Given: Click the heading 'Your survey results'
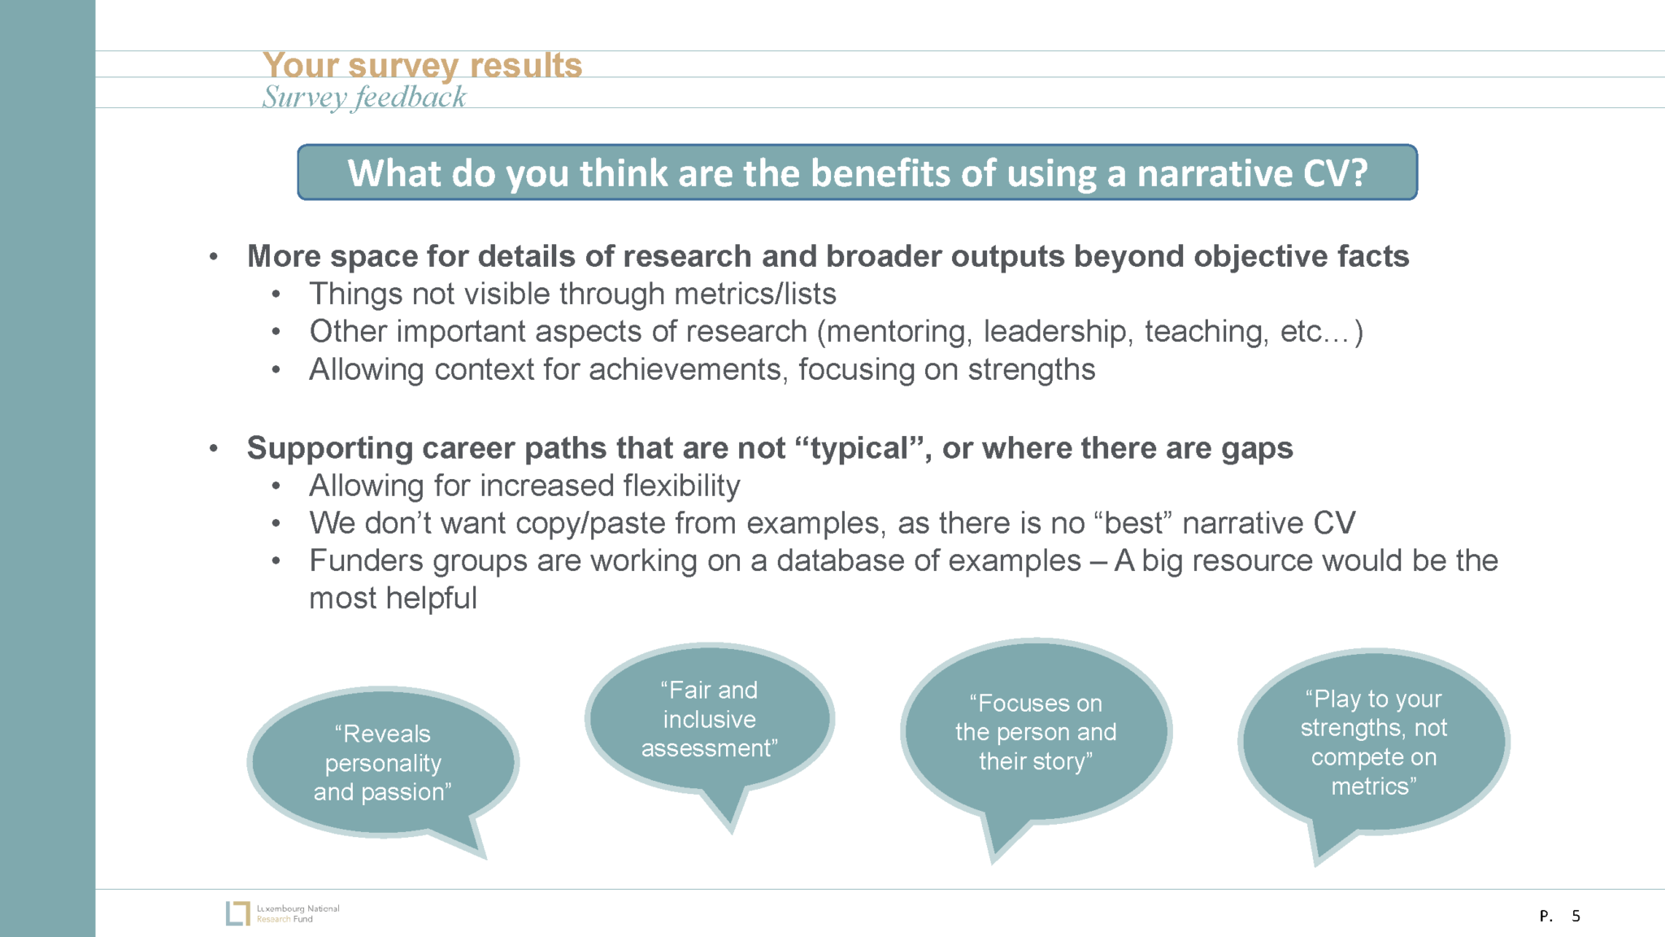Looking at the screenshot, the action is click(422, 66).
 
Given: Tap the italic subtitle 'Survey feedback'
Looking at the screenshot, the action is click(363, 98).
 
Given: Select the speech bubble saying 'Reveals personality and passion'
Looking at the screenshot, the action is click(383, 763).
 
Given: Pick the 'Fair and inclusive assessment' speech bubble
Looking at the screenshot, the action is click(709, 719).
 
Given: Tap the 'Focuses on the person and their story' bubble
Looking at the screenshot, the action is click(1035, 732).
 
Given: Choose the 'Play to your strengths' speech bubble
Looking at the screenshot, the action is click(1374, 742).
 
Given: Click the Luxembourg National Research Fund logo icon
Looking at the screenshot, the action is click(237, 913).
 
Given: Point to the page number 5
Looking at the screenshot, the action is click(1576, 916).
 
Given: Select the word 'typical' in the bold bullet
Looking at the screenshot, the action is click(859, 448).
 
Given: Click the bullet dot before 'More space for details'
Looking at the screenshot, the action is click(214, 257).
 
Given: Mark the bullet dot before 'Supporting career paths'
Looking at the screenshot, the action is click(214, 448).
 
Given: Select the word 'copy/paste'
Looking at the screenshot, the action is click(589, 523).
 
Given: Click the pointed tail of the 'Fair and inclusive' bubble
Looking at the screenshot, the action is click(732, 832).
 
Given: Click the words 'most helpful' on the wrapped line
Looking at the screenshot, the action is click(393, 599).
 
